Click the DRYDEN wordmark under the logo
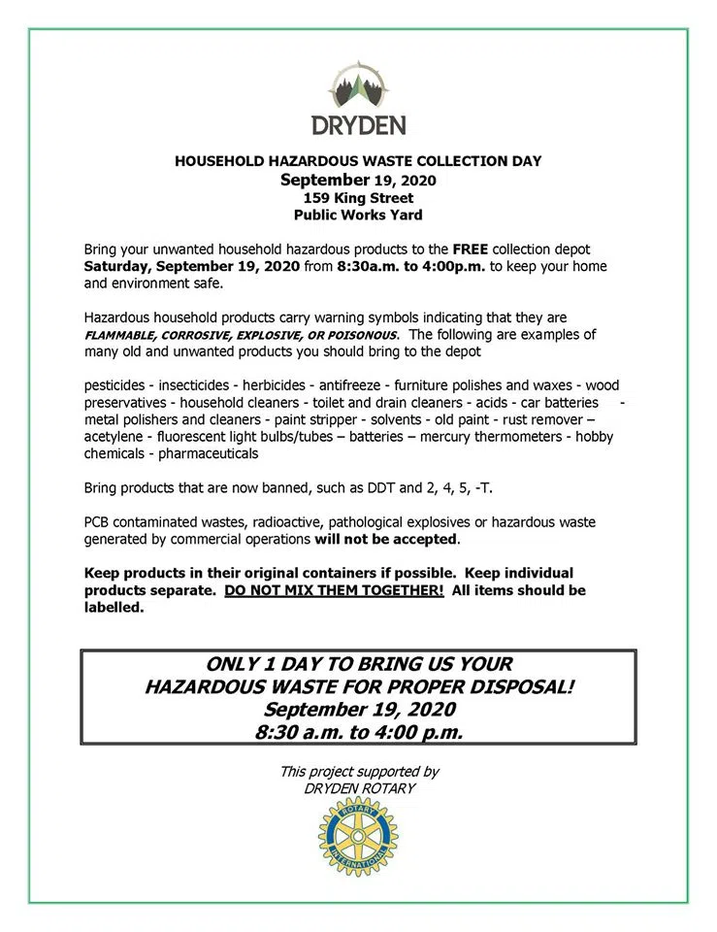[358, 125]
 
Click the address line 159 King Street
[358, 197]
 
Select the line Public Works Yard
[358, 215]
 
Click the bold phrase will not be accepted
[386, 539]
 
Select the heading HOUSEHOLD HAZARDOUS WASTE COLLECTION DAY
[358, 161]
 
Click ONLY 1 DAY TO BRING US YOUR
[358, 665]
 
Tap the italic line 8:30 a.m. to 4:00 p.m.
[358, 732]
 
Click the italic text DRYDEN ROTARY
[358, 788]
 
